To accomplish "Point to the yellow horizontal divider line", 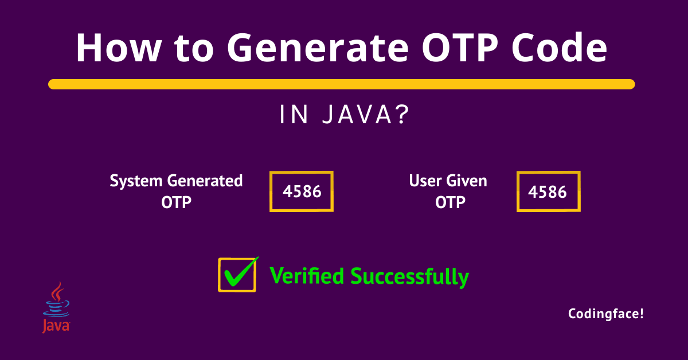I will pos(342,84).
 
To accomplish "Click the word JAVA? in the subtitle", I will pos(367,116).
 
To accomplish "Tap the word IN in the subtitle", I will pos(292,116).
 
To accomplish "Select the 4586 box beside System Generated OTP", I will pos(302,191).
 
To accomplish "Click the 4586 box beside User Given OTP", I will pos(548,191).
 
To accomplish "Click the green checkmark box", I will pos(237,275).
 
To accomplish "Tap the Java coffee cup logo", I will pos(56,307).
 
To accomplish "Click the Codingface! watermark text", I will pos(606,314).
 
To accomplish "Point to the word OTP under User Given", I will pos(449,202).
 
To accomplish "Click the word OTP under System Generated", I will pos(176,202).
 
